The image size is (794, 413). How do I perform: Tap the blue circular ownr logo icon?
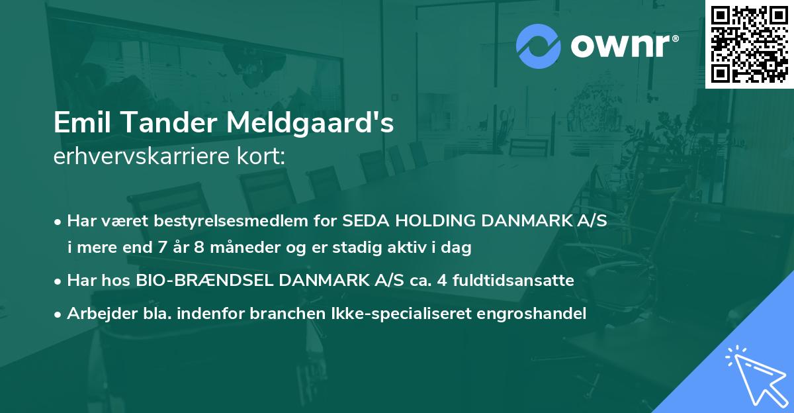539,46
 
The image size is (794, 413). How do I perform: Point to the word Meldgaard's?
312,124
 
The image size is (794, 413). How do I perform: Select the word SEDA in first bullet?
363,221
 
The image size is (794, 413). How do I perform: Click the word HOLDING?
429,221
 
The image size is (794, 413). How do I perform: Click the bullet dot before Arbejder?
58,314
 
